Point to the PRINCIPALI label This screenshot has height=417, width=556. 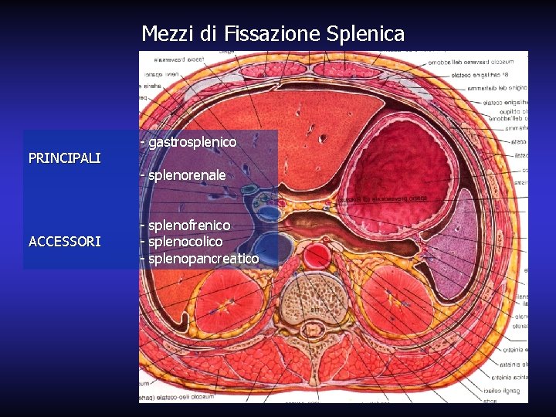tap(64, 158)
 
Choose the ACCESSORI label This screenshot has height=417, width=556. tap(64, 241)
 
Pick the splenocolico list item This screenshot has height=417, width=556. tap(185, 241)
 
